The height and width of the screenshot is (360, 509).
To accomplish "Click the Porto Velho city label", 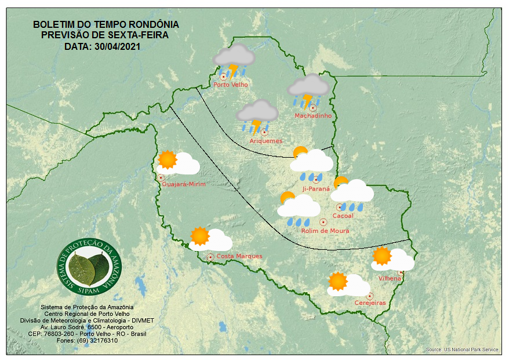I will [x=231, y=85].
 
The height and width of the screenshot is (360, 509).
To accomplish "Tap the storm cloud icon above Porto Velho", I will [x=234, y=61].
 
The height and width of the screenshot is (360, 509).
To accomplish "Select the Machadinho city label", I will [x=312, y=116].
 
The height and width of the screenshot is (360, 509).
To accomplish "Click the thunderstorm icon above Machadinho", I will [x=309, y=90].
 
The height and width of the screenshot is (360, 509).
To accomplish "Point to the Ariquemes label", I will [x=266, y=141].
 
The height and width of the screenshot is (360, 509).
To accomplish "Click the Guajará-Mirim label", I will [x=184, y=184].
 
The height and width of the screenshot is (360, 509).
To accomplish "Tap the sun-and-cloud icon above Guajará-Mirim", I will [x=178, y=163].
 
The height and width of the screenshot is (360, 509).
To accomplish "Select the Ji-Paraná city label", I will [x=316, y=188].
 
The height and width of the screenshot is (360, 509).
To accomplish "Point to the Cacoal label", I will [x=343, y=216].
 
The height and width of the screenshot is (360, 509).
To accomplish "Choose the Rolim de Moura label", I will [x=325, y=231].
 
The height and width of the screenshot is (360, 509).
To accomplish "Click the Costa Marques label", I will [x=239, y=256].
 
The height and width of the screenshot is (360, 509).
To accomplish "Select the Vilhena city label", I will [x=390, y=278].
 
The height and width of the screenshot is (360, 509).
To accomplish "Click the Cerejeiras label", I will [x=370, y=303].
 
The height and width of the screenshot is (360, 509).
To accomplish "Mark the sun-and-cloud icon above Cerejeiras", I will [x=347, y=284].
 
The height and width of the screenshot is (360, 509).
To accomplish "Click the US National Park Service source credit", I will [x=462, y=350].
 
